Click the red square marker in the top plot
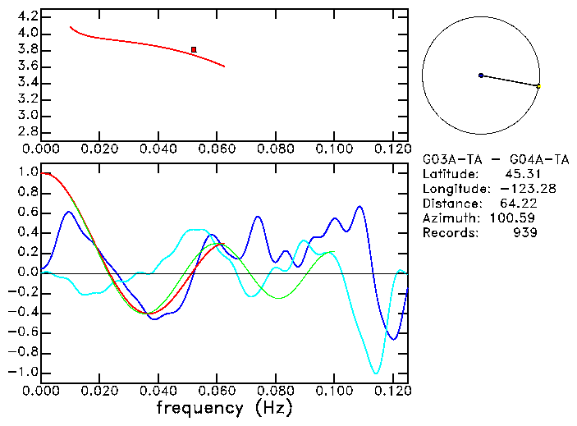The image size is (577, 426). [194, 50]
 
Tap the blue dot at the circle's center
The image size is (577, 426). [481, 76]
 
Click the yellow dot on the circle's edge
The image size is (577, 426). [538, 86]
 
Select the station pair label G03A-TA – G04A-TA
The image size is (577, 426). [496, 159]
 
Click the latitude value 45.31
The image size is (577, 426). [521, 174]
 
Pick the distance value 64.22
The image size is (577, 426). [518, 204]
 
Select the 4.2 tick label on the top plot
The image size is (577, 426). [28, 16]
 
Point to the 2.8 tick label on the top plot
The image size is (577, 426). [28, 131]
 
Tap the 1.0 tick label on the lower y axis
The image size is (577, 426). [28, 173]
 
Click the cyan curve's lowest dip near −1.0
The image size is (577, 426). [376, 373]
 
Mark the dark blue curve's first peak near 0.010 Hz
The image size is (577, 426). [70, 212]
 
